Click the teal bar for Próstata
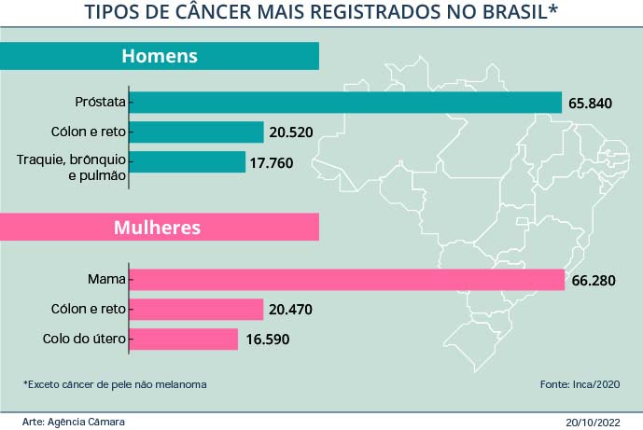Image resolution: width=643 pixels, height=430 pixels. coord(345,103)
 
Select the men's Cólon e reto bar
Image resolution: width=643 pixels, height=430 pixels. coord(197,132)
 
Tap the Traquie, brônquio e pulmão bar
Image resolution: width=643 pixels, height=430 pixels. coord(188,162)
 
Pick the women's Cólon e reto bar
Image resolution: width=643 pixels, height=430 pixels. coord(197,309)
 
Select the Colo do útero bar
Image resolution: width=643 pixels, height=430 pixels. coord(184,339)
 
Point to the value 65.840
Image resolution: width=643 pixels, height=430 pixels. coord(590,103)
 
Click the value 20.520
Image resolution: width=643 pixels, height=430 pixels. coord(291,132)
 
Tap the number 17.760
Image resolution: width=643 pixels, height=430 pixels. coord(272,162)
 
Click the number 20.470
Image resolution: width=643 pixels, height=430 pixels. coord(291,310)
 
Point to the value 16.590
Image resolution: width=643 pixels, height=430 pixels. coord(267,340)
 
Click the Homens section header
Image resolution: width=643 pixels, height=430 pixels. coord(160,56)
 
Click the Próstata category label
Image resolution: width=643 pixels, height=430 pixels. coord(100,102)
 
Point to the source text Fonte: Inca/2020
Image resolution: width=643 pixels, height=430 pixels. coord(579,384)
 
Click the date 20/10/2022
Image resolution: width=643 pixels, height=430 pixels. coord(593,422)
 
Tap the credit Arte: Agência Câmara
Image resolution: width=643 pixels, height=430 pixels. coord(73,422)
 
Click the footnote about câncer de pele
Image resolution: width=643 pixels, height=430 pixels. coord(114,384)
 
